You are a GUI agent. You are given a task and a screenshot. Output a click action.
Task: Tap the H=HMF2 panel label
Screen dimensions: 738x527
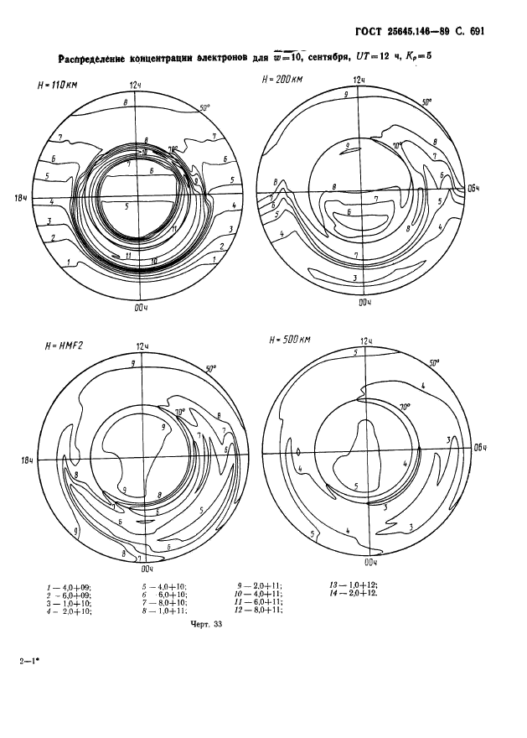click(58, 345)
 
